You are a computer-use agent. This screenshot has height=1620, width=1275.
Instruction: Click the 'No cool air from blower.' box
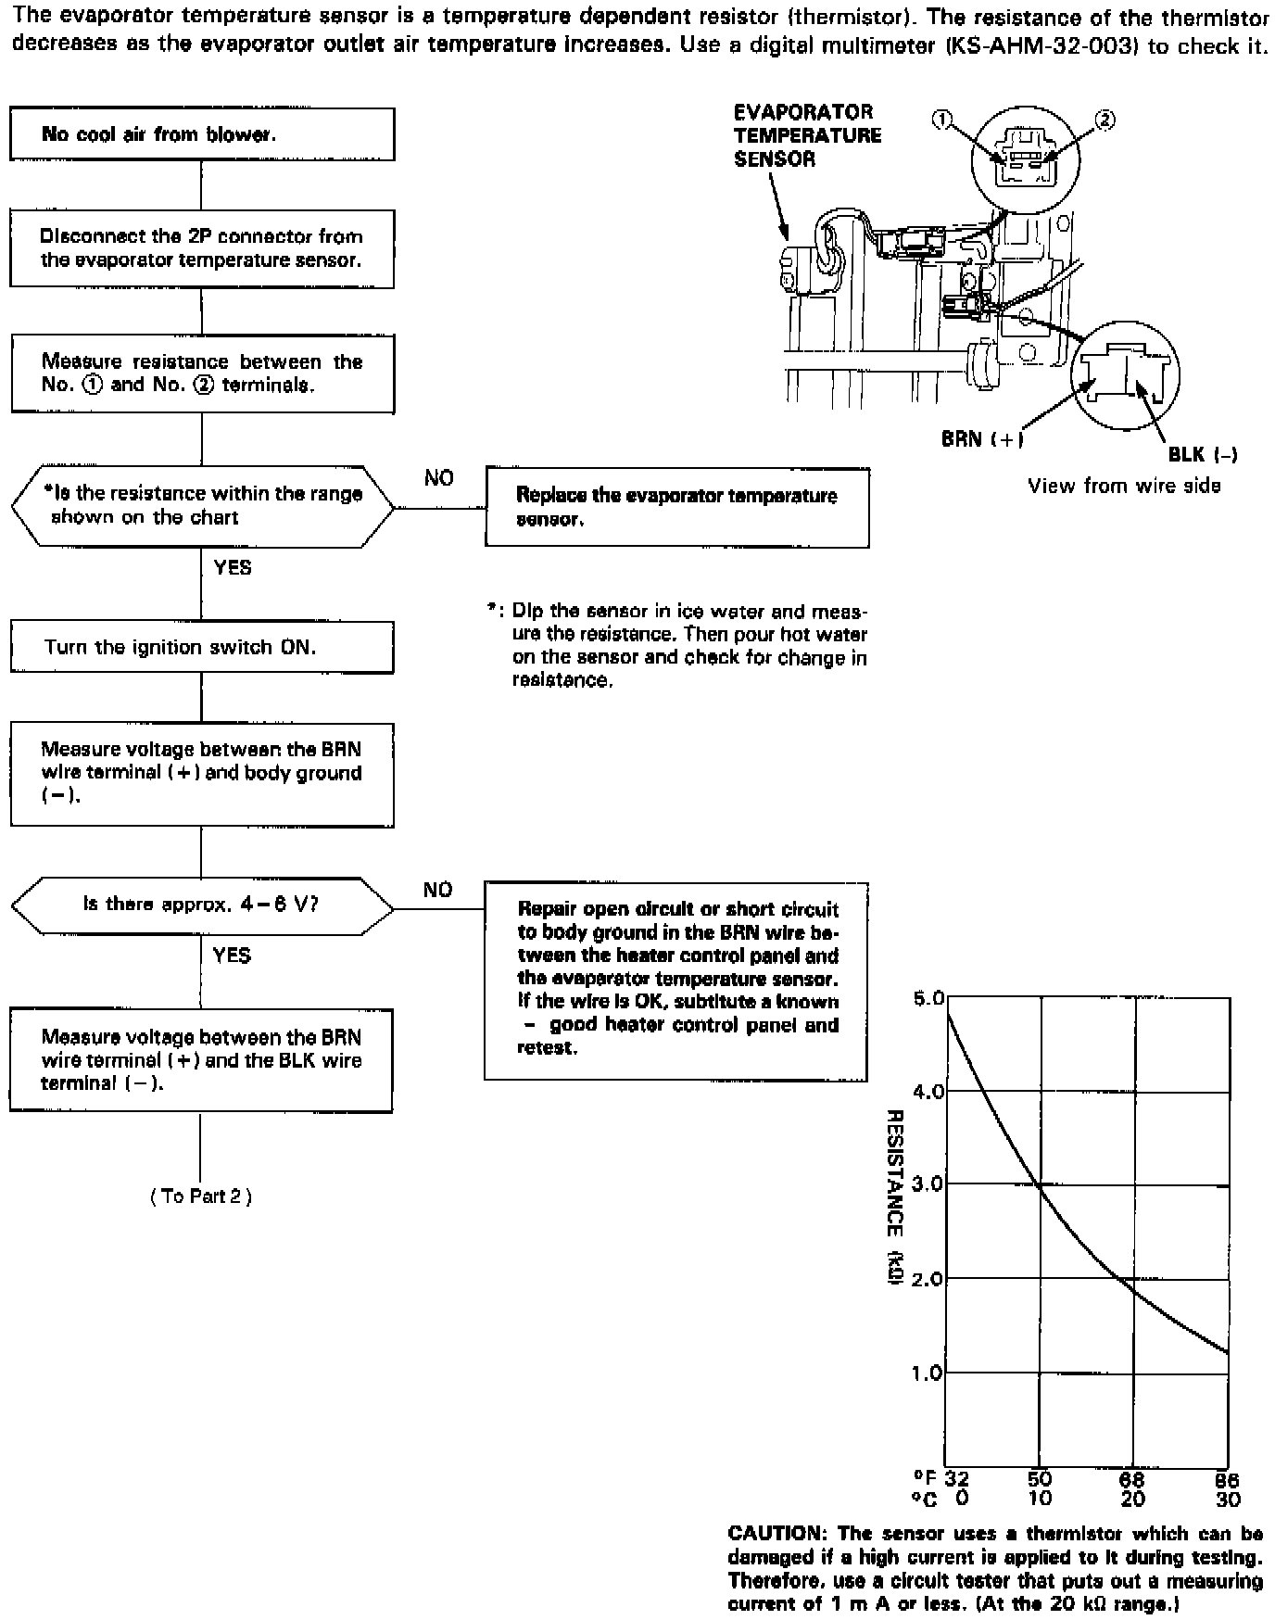(202, 134)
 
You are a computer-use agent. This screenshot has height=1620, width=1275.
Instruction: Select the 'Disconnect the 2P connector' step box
(202, 248)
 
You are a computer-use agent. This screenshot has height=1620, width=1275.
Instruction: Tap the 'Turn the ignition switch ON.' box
(202, 647)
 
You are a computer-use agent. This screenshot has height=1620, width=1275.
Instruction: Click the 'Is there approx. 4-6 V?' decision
(202, 904)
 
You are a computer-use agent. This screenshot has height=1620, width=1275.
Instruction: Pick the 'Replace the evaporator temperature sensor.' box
(676, 507)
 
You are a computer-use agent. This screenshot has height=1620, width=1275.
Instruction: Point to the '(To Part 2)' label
(201, 1196)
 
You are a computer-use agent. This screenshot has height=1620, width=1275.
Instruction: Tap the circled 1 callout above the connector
(942, 120)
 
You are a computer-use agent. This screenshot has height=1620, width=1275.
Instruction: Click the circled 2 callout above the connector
(1105, 120)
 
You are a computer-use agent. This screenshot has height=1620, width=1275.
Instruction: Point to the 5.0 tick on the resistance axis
(927, 999)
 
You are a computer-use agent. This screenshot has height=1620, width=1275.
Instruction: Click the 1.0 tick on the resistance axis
(927, 1373)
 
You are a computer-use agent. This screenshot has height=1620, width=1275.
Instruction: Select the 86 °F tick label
(1228, 1480)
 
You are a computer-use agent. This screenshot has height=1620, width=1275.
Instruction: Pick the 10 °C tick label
(1040, 1499)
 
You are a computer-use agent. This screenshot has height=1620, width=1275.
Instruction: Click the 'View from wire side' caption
(1124, 486)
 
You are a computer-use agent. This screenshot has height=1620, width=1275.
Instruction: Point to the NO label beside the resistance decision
(439, 478)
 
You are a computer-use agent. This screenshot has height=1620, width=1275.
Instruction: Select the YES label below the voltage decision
(232, 955)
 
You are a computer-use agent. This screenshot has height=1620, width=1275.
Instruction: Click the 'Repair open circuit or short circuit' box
(676, 981)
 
